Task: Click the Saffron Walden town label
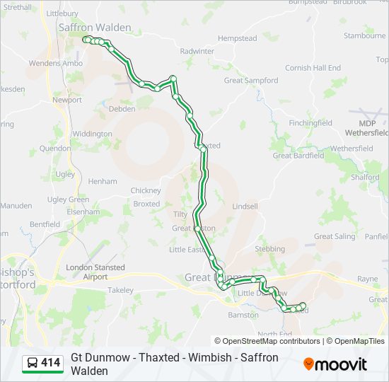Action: point(94,28)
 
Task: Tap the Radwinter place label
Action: point(197,51)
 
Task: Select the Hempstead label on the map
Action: point(237,37)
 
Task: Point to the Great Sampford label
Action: point(250,81)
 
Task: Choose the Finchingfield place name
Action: point(310,122)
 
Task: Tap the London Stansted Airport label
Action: point(95,272)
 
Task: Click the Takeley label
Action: point(120,291)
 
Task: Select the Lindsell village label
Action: point(245,206)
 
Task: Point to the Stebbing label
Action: point(269,249)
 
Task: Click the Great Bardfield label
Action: point(298,156)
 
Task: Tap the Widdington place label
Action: point(92,134)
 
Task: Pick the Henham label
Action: point(103,181)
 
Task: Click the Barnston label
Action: point(243,315)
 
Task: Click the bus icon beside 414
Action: point(33,363)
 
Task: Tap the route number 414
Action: point(50,363)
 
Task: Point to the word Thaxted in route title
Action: point(159,358)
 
